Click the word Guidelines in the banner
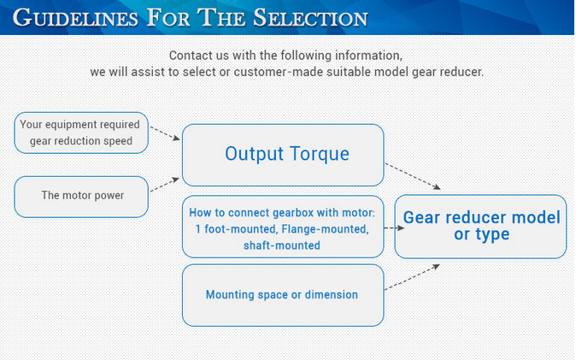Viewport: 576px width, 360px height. coord(73,17)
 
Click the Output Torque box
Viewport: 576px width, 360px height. coord(283,155)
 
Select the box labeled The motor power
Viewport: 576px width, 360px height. coord(82,196)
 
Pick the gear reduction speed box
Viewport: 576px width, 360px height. coord(81,133)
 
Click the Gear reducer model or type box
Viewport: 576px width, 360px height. coord(480,227)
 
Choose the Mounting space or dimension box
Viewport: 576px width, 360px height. coord(283,295)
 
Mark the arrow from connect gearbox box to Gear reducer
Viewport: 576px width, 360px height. coord(394,228)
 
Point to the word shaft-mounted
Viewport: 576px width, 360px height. coord(282,245)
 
